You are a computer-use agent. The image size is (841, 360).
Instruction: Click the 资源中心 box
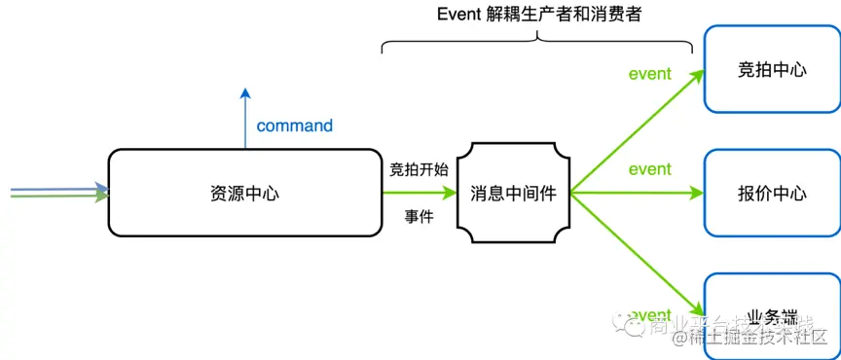[244, 193]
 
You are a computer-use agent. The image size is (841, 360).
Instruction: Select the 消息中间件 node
[513, 193]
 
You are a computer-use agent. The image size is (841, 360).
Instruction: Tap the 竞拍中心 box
[772, 71]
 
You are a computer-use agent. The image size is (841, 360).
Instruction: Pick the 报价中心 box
[772, 193]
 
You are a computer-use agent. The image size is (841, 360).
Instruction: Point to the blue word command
[294, 126]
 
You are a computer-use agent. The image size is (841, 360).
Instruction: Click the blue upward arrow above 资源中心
[245, 117]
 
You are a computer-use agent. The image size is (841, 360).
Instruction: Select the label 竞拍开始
[419, 169]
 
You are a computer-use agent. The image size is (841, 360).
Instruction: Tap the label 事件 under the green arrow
[419, 216]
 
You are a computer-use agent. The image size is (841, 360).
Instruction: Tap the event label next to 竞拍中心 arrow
[649, 74]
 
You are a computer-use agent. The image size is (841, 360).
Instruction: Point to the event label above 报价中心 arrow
[649, 169]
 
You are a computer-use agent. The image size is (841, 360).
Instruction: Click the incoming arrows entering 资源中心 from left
[58, 192]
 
